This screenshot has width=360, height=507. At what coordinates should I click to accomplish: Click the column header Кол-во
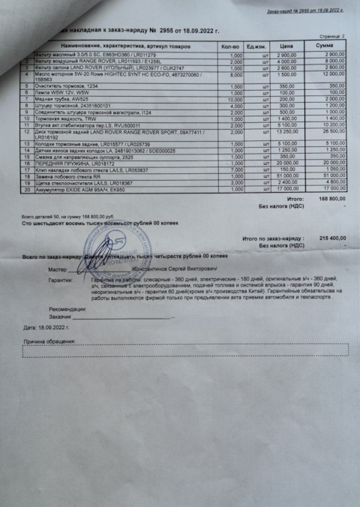coord(231,46)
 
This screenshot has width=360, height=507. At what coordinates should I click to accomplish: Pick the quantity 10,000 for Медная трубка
coord(235,98)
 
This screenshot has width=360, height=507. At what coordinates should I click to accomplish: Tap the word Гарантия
coord(60,279)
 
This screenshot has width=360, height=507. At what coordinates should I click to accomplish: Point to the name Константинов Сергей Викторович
coord(171,268)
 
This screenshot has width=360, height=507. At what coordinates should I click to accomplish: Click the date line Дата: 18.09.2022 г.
coord(46,328)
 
